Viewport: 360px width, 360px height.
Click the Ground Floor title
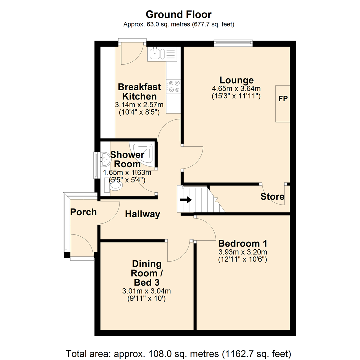coord(179,15)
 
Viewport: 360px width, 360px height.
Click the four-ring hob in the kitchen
coord(174,86)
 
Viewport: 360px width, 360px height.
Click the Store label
coord(273,197)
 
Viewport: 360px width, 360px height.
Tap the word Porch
coord(83,212)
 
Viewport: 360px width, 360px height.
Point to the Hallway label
coord(143,214)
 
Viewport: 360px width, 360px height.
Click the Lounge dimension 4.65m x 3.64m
coord(236,89)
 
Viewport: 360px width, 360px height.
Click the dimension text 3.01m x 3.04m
coord(147,291)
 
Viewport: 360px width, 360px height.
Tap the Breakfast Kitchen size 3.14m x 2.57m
coord(139,105)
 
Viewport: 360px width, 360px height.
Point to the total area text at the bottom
coord(179,353)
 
